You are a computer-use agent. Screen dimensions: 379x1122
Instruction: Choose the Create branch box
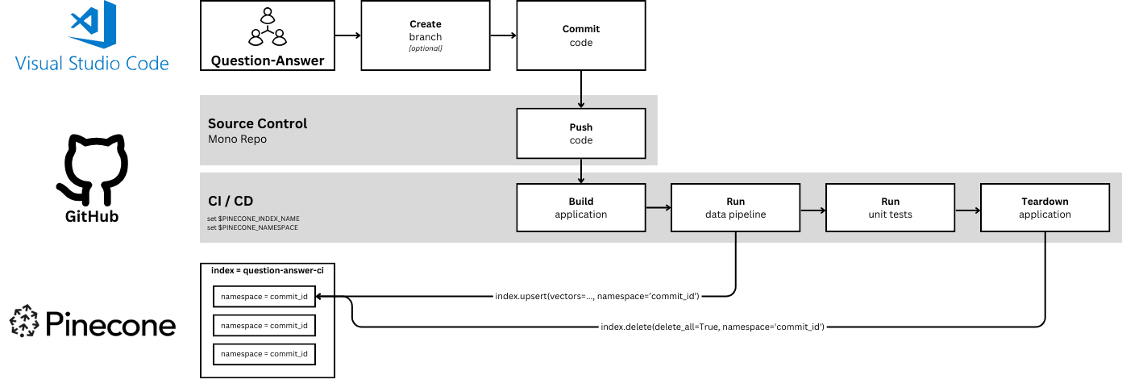coord(426,35)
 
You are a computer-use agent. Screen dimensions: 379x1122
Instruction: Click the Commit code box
coord(580,35)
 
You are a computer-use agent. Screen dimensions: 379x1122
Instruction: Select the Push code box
coord(580,134)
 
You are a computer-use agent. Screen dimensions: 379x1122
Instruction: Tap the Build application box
coord(580,208)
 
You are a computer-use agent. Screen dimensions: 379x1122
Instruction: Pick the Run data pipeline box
coord(735,208)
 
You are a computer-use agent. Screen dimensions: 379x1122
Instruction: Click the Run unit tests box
coord(890,208)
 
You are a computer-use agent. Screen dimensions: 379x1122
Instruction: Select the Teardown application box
coord(1045,208)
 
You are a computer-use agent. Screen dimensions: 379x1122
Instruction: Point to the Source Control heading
coord(257,123)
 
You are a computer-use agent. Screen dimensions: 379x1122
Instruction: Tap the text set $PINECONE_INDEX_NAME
coord(253,219)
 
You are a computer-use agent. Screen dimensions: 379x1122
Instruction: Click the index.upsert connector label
coord(596,297)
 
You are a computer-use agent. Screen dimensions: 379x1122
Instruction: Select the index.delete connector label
coord(713,327)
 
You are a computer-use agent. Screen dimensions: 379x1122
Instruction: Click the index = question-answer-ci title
coord(268,270)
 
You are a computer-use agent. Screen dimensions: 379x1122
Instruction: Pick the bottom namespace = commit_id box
coord(264,354)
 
